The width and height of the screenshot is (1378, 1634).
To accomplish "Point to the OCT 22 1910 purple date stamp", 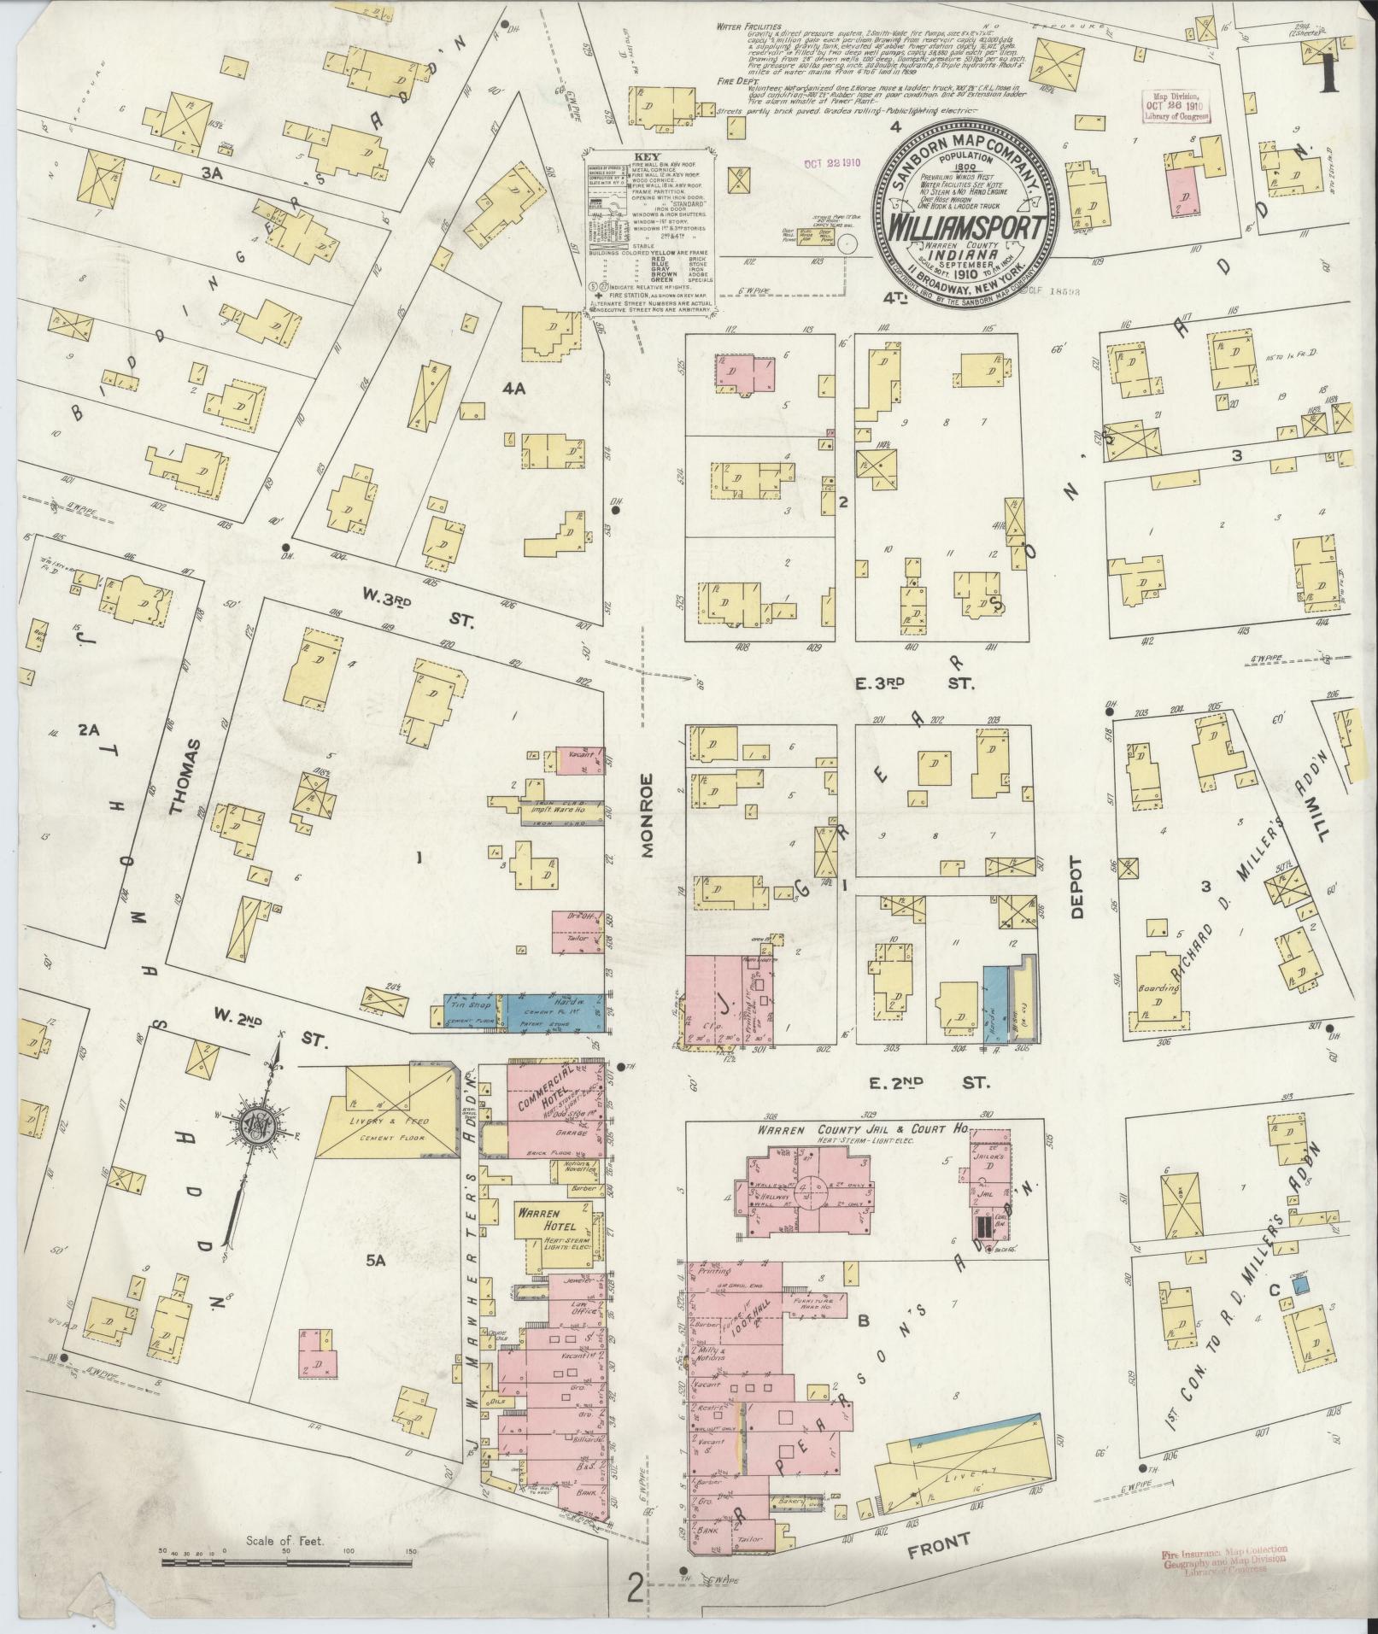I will [831, 161].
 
